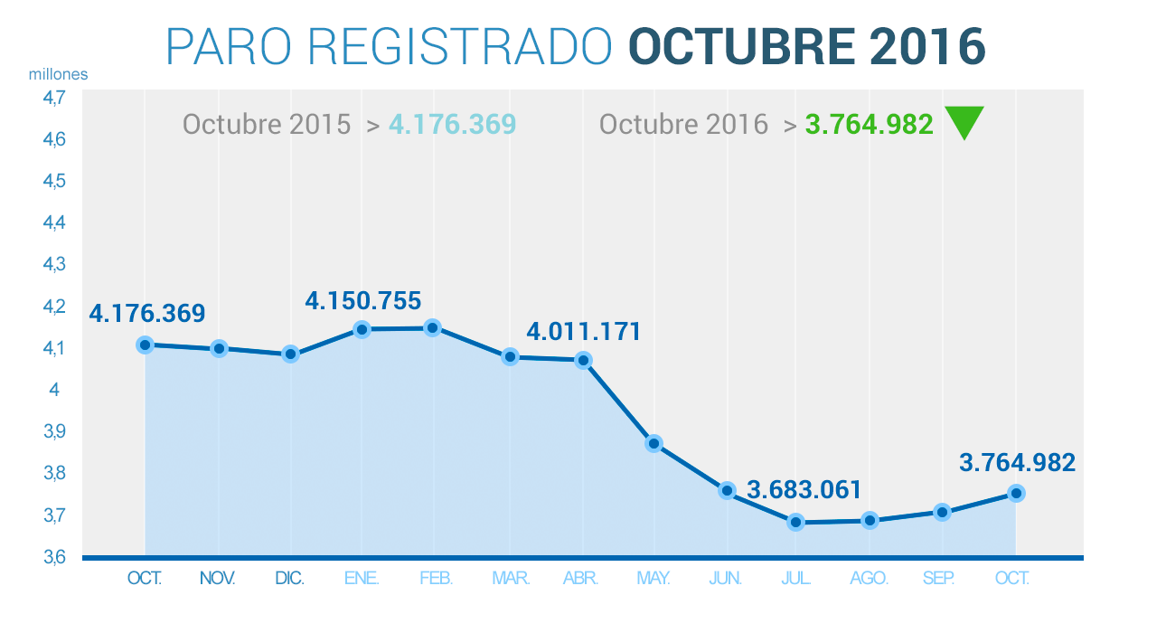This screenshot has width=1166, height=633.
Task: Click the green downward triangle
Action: coord(964,121)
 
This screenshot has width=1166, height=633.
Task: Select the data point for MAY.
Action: coord(654,444)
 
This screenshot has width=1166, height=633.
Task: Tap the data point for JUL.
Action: coord(796,522)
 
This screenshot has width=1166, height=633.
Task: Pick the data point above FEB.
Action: coord(433,327)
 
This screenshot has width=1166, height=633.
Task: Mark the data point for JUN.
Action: coord(727,490)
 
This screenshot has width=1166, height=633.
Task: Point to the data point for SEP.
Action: coord(942,512)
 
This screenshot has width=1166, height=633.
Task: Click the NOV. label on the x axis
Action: coord(217,579)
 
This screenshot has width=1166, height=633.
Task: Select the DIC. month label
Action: coord(290,579)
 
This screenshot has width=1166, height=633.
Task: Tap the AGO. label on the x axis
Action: coord(870,579)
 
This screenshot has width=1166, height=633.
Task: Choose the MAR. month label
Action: coord(511,579)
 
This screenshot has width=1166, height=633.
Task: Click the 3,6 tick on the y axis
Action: coord(54,556)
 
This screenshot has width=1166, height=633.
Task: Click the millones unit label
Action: coord(59,74)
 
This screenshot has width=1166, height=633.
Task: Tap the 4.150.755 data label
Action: coord(363,300)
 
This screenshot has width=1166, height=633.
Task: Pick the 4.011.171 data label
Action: coord(584,331)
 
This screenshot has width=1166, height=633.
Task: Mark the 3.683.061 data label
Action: coord(804,491)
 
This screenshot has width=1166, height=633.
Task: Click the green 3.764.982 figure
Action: coord(869,124)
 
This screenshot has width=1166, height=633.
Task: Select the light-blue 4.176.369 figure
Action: coord(452,124)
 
